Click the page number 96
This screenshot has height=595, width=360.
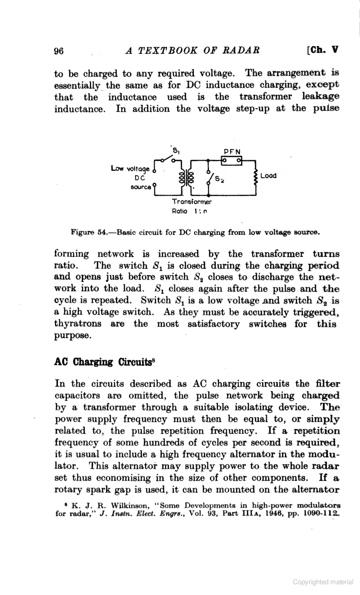click(58, 51)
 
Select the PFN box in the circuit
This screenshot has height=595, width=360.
click(231, 160)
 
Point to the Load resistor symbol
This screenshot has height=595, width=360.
click(256, 176)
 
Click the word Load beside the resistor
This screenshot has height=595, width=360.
click(269, 176)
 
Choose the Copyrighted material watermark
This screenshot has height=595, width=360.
click(323, 582)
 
